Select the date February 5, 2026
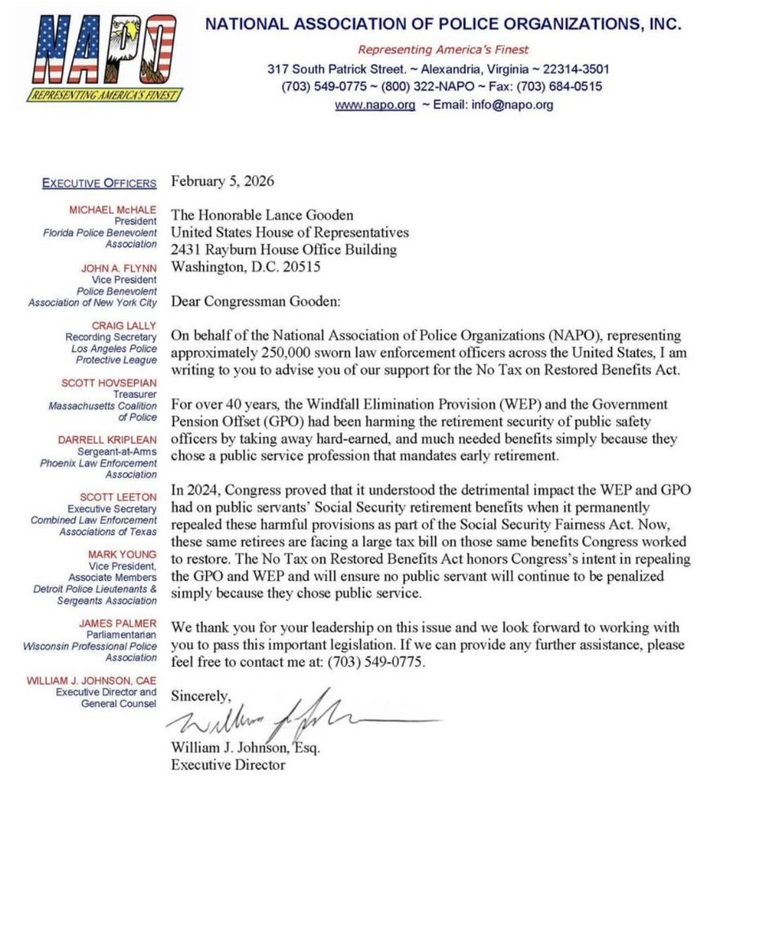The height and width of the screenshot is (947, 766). (x=223, y=182)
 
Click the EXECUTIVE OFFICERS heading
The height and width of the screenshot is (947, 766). (x=100, y=183)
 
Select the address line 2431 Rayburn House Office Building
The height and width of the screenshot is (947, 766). (x=283, y=250)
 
